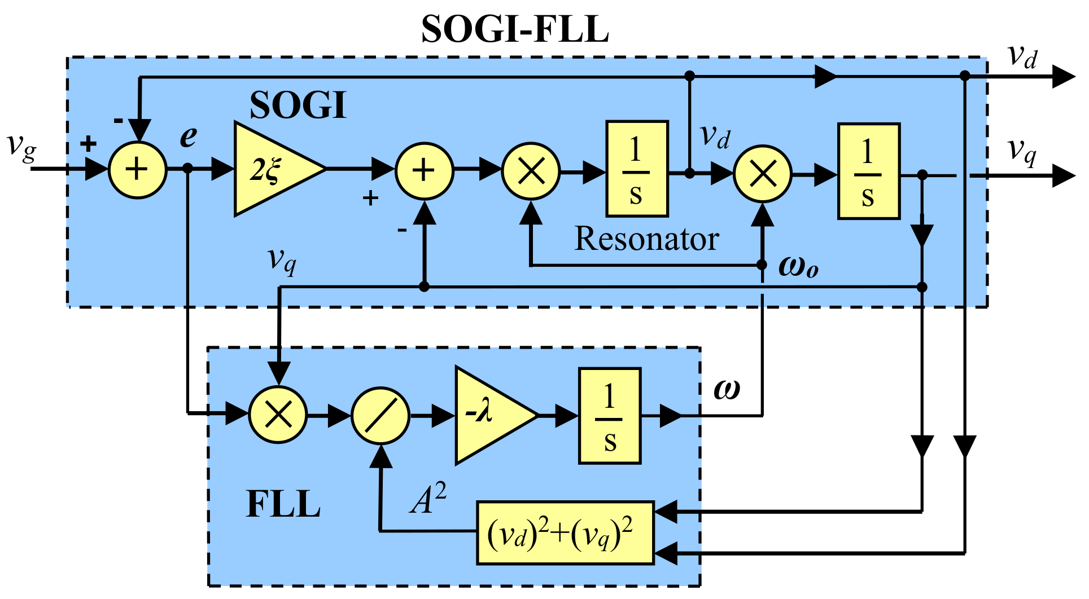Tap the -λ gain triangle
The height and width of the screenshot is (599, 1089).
[490, 416]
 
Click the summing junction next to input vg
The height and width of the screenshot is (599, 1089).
[137, 170]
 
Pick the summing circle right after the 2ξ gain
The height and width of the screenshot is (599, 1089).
[424, 171]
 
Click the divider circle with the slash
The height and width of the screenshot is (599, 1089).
[381, 416]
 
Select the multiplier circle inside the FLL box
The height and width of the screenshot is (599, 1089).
[278, 415]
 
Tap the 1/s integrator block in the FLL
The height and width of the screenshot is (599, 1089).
[610, 416]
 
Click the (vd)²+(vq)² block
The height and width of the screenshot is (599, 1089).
[565, 533]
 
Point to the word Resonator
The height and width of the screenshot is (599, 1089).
[646, 239]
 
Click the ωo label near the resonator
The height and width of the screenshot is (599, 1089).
[798, 266]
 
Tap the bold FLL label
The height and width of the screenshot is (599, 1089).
[283, 504]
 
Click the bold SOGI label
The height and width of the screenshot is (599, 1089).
[298, 105]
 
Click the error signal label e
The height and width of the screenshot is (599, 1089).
[189, 136]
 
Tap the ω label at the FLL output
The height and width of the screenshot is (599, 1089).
[727, 389]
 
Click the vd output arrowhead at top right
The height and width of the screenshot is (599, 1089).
[1064, 77]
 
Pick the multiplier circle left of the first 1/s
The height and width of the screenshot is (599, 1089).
[531, 171]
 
